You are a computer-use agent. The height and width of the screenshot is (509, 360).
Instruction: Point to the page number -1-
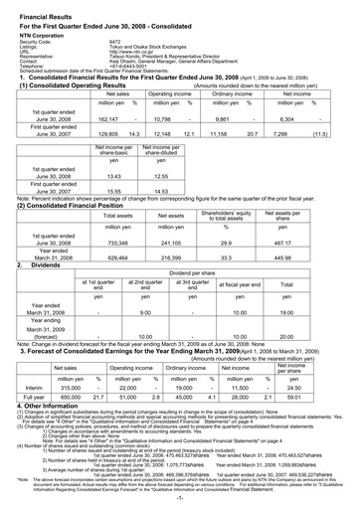[180, 500]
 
